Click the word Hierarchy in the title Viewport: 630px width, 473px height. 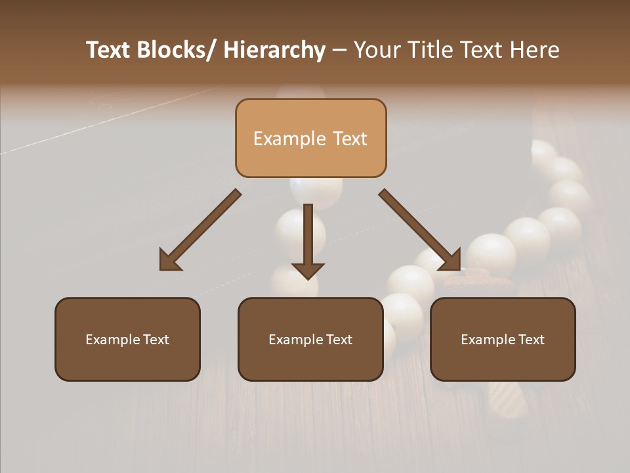pos(274,50)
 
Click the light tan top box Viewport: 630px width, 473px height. pos(310,138)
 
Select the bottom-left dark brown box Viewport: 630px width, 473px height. pos(127,339)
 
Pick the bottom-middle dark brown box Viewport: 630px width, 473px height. pos(310,339)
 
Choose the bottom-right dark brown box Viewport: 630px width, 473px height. pos(503,339)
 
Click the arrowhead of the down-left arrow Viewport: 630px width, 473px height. pos(169,261)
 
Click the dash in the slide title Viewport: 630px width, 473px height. pos(339,51)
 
